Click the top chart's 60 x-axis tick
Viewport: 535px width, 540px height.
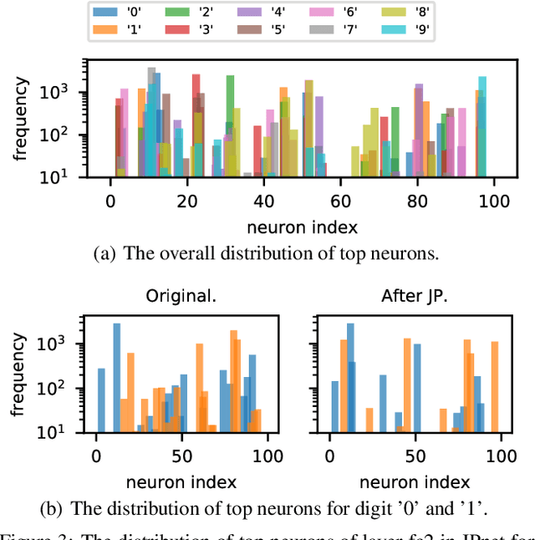[339, 201]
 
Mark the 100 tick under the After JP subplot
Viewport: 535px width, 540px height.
[501, 457]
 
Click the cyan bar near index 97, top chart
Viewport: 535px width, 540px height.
[481, 125]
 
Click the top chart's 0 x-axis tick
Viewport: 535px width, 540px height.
[110, 201]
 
